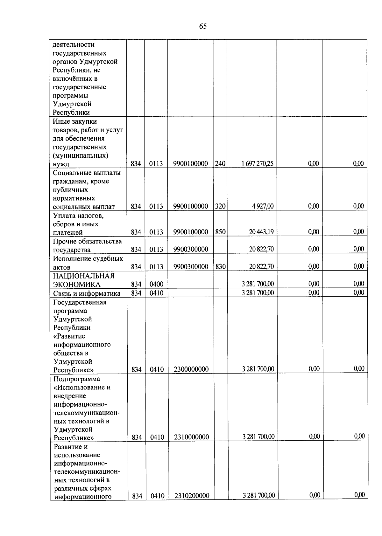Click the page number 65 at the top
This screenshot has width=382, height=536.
pyautogui.click(x=203, y=26)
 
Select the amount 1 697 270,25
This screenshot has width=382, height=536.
pyautogui.click(x=257, y=164)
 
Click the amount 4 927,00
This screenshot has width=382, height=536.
pyautogui.click(x=263, y=206)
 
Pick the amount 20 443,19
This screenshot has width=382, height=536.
pyautogui.click(x=261, y=232)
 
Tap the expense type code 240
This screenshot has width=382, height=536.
pyautogui.click(x=220, y=164)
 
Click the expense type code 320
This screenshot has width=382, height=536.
pyautogui.click(x=220, y=206)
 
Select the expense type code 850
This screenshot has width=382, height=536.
pyautogui.click(x=220, y=232)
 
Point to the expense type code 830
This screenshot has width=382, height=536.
pyautogui.click(x=220, y=267)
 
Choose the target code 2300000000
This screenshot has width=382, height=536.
pyautogui.click(x=191, y=369)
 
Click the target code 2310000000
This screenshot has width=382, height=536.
pyautogui.click(x=191, y=437)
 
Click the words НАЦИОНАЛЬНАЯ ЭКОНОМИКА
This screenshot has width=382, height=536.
pyautogui.click(x=84, y=280)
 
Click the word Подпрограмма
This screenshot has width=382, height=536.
pyautogui.click(x=77, y=379)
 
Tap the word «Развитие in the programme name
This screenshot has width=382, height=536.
pyautogui.click(x=69, y=336)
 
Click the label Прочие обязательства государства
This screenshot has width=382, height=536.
pyautogui.click(x=87, y=245)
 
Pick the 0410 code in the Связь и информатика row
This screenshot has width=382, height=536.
pyautogui.click(x=156, y=293)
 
